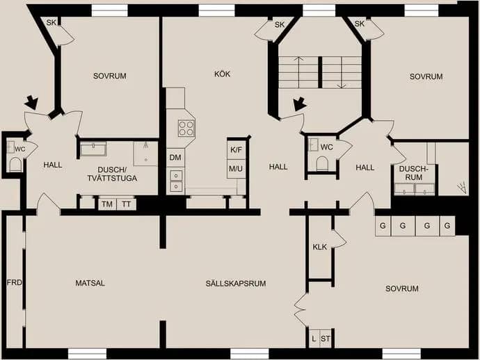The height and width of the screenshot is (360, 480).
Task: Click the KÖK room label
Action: [x=222, y=74]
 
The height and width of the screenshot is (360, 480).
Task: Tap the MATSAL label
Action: [x=90, y=284]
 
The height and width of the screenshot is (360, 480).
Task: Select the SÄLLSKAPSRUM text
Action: [x=236, y=284]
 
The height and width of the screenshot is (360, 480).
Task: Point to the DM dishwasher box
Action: [x=175, y=158]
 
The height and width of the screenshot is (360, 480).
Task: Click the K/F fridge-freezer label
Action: [x=236, y=150]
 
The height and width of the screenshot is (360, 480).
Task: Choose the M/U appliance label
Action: [x=236, y=168]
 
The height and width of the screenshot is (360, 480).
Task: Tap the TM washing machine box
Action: [x=107, y=204]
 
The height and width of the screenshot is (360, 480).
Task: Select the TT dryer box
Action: [x=127, y=204]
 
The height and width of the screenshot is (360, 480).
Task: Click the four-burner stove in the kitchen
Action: [x=186, y=129]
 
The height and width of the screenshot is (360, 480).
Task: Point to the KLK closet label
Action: [x=320, y=247]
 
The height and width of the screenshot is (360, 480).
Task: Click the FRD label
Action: [x=15, y=282]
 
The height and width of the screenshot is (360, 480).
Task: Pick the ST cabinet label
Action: [x=326, y=339]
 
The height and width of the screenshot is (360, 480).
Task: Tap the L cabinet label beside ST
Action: [x=314, y=339]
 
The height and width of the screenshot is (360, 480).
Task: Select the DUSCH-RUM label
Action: [x=413, y=173]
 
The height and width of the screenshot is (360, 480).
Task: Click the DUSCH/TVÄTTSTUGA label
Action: [x=112, y=174]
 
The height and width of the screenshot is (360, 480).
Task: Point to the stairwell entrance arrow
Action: [x=299, y=104]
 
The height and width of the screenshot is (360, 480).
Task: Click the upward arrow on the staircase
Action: [x=298, y=72]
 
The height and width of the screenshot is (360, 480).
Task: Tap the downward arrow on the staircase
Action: [x=342, y=72]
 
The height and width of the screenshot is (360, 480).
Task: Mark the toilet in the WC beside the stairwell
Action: [x=321, y=163]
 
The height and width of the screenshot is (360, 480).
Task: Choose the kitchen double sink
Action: [x=176, y=181]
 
